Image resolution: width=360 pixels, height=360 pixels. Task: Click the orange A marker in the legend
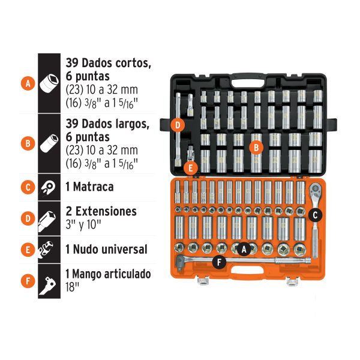point(27,84)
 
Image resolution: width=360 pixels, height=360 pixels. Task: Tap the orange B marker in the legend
point(27,143)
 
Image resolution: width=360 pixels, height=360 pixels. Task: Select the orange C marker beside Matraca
point(27,187)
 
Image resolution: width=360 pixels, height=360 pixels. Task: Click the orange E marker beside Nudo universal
point(27,248)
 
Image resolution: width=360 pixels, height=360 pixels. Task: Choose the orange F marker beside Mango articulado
point(27,280)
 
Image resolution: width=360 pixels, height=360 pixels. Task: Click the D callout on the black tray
point(178,125)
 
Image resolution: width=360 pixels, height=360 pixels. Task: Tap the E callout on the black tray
point(191,168)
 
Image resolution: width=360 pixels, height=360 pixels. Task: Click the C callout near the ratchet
point(316,214)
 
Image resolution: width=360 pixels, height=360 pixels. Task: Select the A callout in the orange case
point(244,247)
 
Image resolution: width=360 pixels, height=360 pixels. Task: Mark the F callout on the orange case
point(219,261)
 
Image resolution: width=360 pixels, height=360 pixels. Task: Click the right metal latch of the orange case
point(293,279)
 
